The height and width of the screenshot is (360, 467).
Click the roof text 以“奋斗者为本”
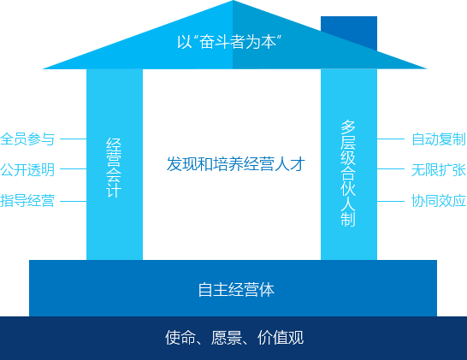click(229, 42)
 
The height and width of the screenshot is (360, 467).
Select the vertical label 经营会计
click(114, 168)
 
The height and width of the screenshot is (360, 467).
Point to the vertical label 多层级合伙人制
click(348, 174)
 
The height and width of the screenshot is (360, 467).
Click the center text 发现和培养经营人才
click(236, 164)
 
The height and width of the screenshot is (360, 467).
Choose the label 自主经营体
click(236, 289)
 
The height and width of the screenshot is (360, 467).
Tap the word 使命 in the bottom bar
click(180, 338)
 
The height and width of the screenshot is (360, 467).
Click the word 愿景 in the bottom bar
click(227, 338)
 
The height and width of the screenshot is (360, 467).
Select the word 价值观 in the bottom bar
click(281, 338)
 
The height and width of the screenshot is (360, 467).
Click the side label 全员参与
click(27, 139)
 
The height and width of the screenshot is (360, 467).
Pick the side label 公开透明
click(27, 169)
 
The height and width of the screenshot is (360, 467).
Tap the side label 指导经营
click(27, 201)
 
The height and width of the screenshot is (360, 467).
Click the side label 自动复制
click(439, 139)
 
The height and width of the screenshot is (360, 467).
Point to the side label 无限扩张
click(439, 169)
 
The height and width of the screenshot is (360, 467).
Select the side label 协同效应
click(439, 201)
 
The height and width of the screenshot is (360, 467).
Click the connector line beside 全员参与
click(74, 139)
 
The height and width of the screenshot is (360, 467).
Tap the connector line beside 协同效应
click(391, 201)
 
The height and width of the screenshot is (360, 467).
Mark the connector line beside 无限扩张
click(391, 168)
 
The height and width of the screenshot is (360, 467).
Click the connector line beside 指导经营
click(74, 201)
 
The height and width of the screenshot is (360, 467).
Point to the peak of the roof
click(233, 1)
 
